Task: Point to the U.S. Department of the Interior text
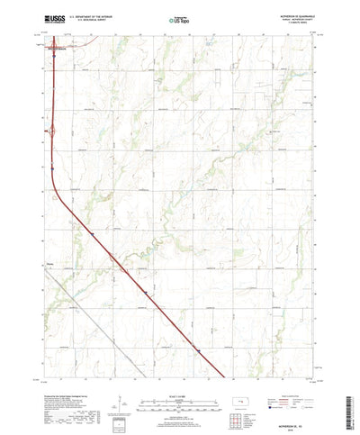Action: coord(95,15)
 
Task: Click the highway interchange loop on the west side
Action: coord(51,131)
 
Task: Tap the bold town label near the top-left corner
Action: coord(57,48)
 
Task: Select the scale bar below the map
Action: coord(180,378)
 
